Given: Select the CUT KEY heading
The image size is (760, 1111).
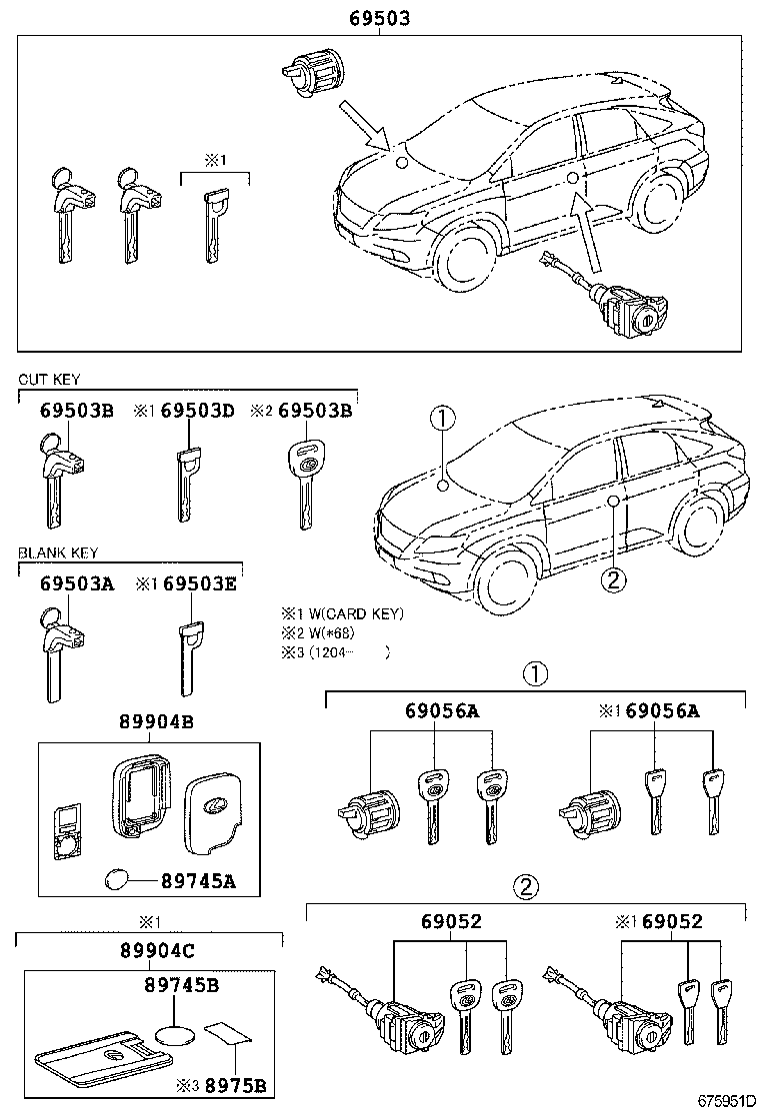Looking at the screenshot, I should click(48, 380).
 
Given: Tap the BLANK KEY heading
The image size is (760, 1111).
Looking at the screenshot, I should click(57, 553).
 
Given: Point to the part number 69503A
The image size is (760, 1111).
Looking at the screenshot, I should click(76, 582).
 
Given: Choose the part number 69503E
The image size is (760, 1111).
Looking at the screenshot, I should click(199, 582).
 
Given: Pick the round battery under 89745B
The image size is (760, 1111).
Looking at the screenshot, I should click(178, 1034).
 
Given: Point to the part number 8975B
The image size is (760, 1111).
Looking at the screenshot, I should click(236, 1086).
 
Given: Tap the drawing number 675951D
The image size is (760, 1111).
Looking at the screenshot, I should click(724, 1100).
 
